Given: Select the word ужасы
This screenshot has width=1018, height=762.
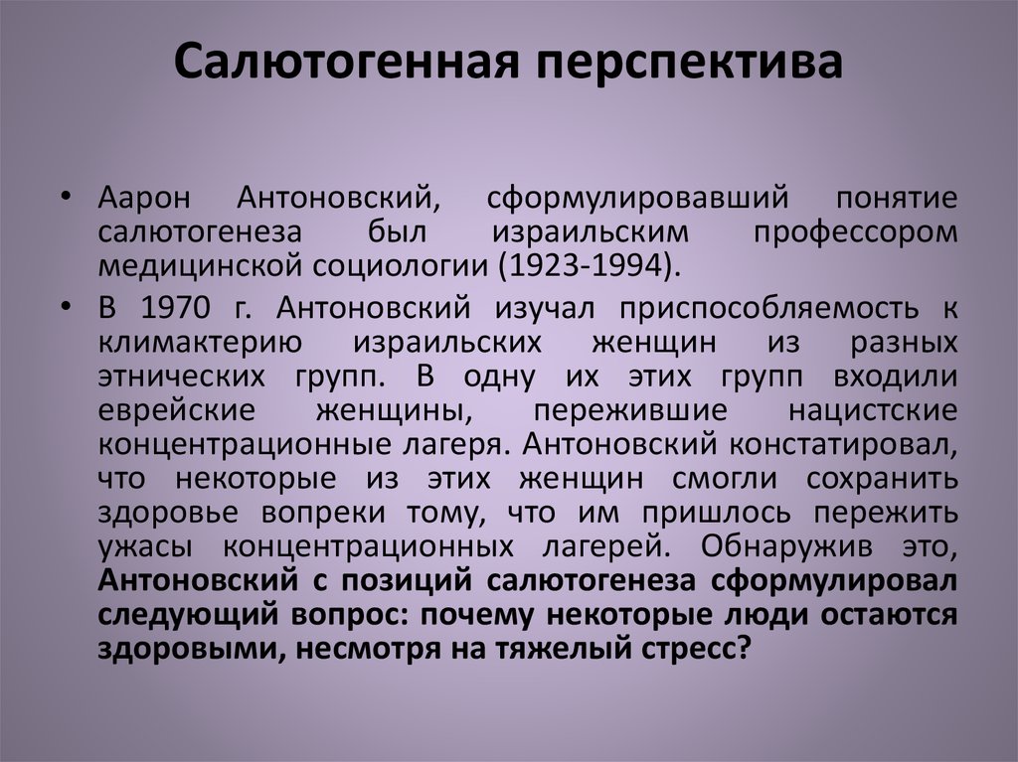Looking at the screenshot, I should click(x=144, y=546).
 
